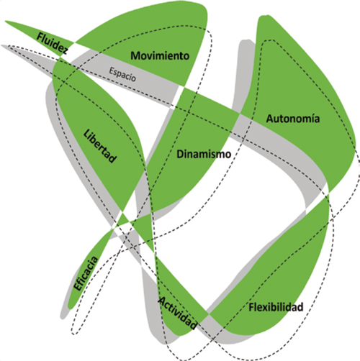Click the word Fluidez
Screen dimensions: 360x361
(53, 44)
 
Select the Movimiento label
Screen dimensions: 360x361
(160, 55)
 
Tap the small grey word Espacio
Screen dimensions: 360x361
(122, 74)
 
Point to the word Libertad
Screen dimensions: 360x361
(100, 146)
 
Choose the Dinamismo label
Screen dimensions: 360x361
(204, 154)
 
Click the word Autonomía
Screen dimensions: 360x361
(293, 119)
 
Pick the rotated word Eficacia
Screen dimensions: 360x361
(86, 273)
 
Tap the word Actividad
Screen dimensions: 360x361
(178, 313)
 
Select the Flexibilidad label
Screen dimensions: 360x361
(276, 307)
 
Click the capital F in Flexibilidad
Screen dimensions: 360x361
(251, 307)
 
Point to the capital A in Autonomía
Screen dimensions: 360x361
(270, 119)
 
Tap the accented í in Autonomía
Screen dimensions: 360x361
(311, 119)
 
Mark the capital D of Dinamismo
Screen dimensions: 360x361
(180, 154)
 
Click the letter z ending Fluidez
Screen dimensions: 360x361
(65, 50)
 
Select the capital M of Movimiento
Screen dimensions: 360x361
(136, 56)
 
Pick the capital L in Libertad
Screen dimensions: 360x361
(86, 134)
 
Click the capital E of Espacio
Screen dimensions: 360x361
(112, 70)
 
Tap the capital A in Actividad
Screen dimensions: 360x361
(163, 301)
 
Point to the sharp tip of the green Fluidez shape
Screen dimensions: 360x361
(5, 21)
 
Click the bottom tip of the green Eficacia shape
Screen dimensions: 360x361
(70, 309)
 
